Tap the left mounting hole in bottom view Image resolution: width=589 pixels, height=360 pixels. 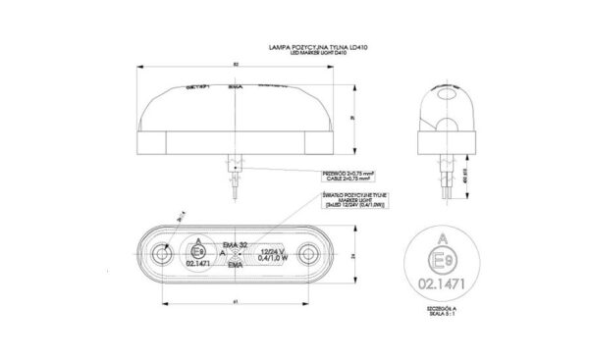[160, 256]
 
